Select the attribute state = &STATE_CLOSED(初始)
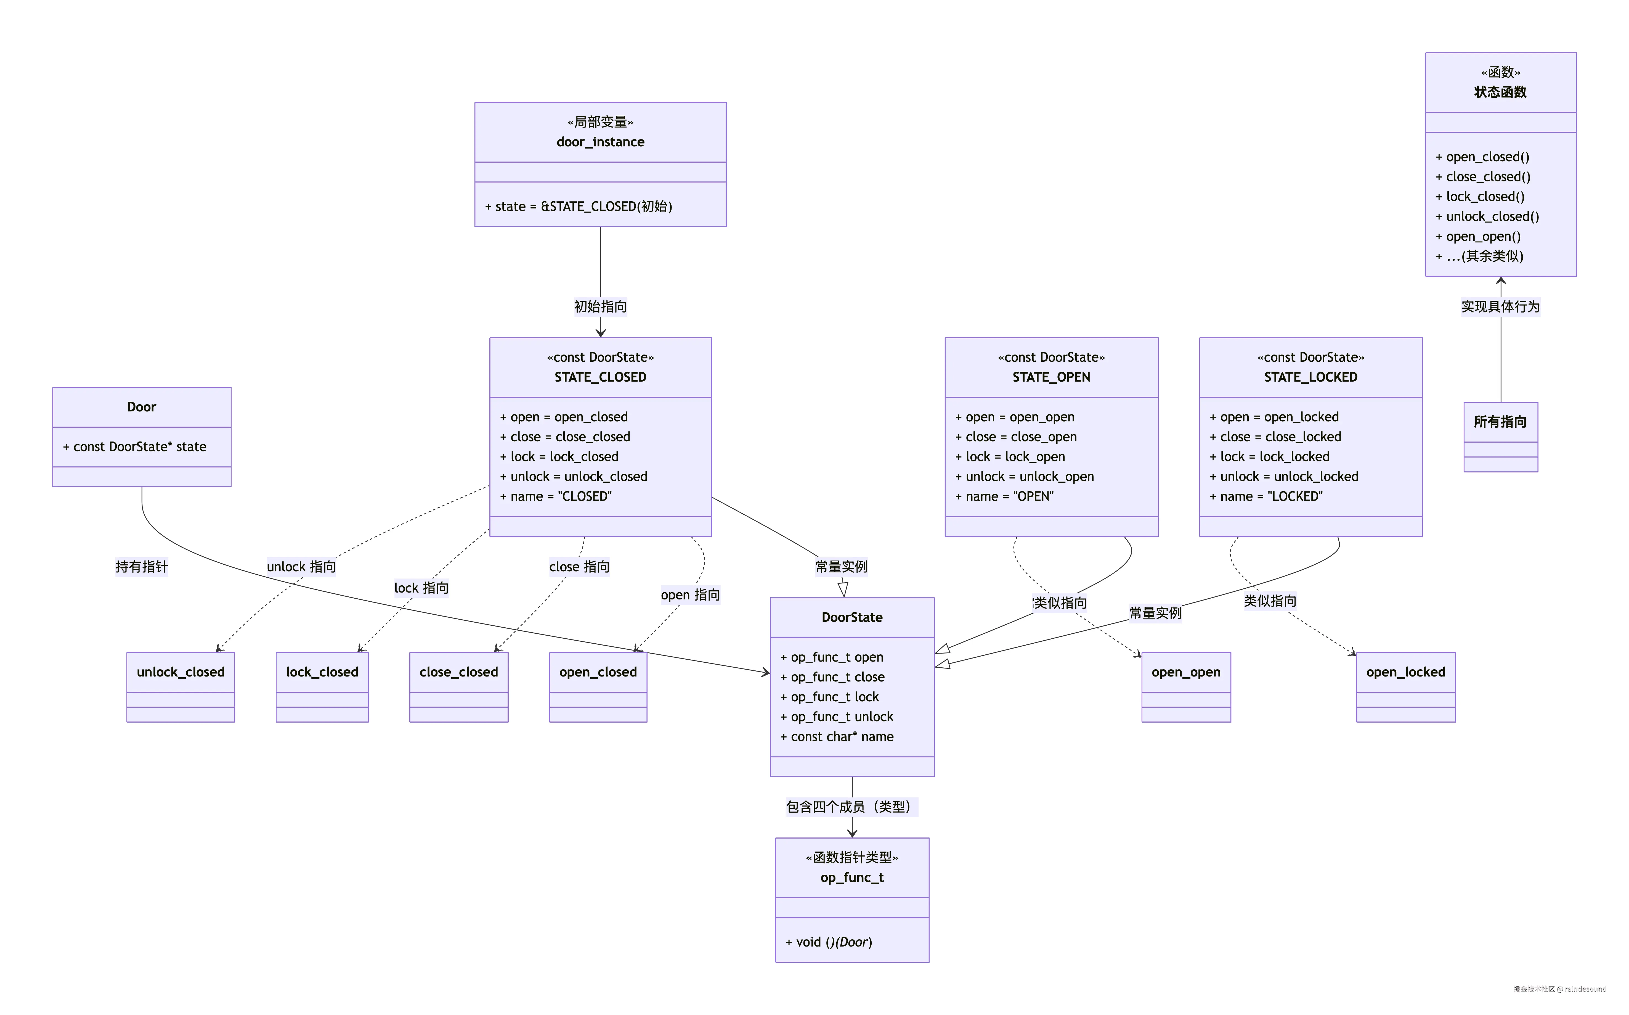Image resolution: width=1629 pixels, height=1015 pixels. tap(578, 206)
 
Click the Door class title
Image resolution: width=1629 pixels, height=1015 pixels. tap(142, 407)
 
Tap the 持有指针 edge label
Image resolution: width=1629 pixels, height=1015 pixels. tap(142, 567)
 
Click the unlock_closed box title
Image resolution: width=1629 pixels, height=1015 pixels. tap(181, 672)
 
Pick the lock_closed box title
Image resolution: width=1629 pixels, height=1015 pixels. tap(322, 672)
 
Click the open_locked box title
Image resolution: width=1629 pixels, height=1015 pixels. tap(1406, 672)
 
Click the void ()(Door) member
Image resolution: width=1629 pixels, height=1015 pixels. tap(829, 942)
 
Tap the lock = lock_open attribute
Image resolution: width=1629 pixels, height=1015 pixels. tap(1010, 456)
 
